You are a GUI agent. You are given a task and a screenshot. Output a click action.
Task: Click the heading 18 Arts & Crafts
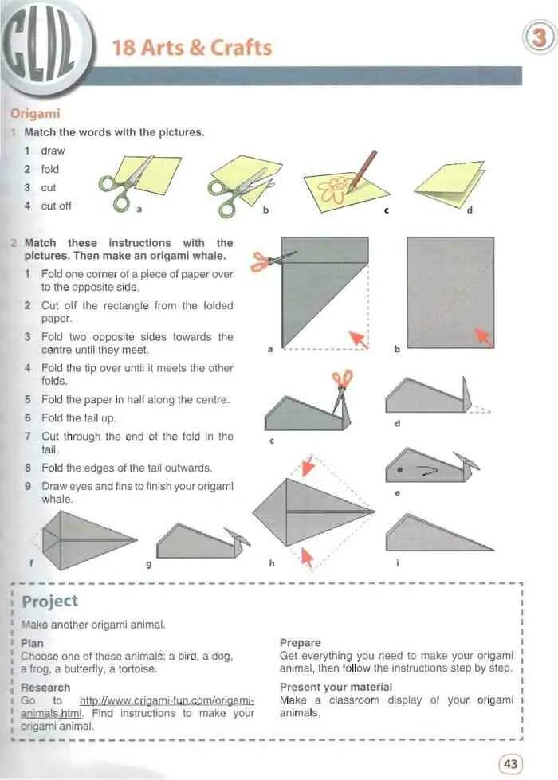tap(192, 47)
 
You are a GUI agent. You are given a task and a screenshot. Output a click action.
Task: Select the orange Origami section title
tap(35, 114)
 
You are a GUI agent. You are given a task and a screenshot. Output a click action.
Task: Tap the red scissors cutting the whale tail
tap(342, 381)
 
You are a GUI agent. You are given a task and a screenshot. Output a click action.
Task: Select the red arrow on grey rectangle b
tap(483, 336)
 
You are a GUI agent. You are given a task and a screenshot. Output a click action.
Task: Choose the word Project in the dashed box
tap(50, 601)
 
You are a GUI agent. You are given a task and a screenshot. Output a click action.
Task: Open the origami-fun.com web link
tap(167, 706)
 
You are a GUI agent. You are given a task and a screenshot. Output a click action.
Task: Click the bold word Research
tap(45, 687)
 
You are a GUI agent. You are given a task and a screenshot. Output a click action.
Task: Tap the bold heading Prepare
tap(301, 642)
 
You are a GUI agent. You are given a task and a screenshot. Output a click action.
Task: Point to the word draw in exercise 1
tap(53, 151)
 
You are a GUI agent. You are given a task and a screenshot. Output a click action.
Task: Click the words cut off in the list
tap(56, 206)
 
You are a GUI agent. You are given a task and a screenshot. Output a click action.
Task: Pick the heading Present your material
tap(336, 687)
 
